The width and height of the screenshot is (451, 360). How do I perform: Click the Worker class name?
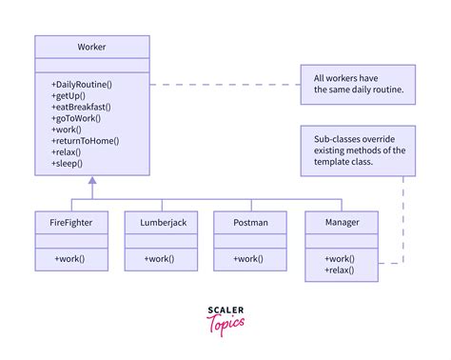[x=91, y=48]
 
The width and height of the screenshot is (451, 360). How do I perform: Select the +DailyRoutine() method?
[x=82, y=85]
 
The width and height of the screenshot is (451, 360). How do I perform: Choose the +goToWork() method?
[x=77, y=119]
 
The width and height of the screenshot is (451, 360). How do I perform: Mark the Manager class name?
[x=343, y=222]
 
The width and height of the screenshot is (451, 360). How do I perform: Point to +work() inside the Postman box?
[x=250, y=258]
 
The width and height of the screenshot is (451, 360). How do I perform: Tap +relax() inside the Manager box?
[x=340, y=270]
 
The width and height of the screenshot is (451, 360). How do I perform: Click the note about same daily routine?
[x=358, y=84]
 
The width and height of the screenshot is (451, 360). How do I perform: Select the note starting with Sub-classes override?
[x=358, y=149]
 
